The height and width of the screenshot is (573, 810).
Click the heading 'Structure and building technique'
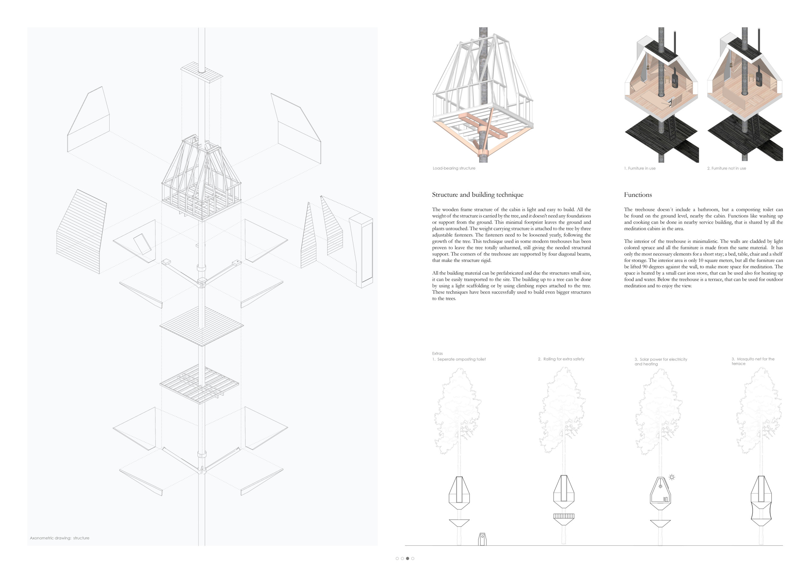[x=477, y=195]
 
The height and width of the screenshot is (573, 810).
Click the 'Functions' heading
[x=638, y=195]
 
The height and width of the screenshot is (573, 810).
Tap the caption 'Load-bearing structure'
[x=454, y=168]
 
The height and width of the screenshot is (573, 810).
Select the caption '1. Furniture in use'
[x=640, y=168]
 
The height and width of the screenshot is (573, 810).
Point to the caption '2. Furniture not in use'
[x=726, y=168]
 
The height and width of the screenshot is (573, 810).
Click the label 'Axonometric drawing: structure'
[x=60, y=538]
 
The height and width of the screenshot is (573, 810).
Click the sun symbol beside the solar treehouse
[x=672, y=477]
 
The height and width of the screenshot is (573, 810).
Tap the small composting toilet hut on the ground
[x=482, y=539]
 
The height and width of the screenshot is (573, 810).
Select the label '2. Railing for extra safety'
[x=561, y=359]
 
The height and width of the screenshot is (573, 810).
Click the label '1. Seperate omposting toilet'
[x=459, y=359]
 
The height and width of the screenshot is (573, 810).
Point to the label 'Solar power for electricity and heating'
[x=661, y=362]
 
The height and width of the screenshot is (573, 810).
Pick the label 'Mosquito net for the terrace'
[x=753, y=361]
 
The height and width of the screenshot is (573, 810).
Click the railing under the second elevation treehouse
[x=564, y=516]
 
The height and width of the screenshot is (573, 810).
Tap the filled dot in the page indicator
[x=408, y=558]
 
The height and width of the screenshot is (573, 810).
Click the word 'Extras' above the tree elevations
[x=437, y=353]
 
